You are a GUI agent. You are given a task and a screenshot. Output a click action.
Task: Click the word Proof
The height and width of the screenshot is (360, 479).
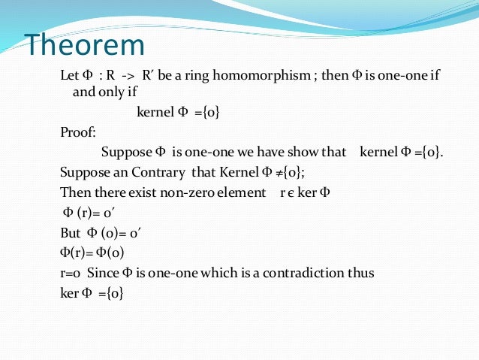[x=78, y=133]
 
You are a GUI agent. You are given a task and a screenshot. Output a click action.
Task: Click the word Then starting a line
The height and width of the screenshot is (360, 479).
[x=73, y=192]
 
